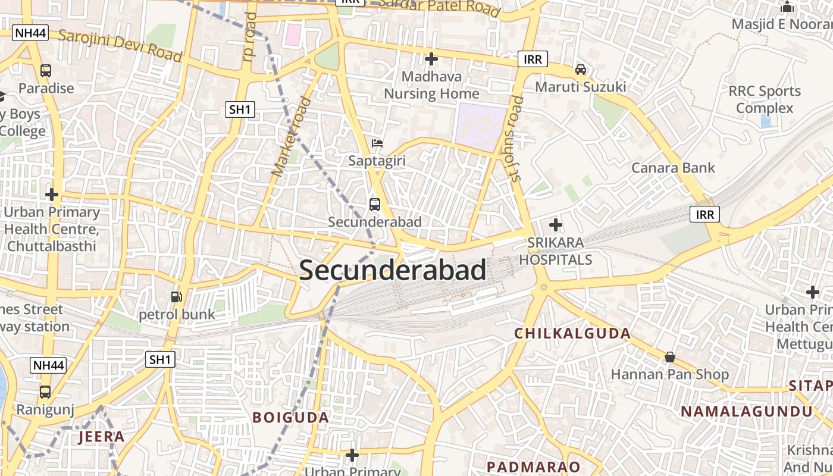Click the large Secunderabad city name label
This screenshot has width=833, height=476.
[x=392, y=270]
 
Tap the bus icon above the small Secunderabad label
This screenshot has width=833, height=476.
[x=375, y=205]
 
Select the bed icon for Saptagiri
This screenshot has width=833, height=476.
[x=377, y=143]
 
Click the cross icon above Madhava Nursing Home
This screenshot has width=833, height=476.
[x=431, y=59]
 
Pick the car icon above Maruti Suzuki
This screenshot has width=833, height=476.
[x=581, y=70]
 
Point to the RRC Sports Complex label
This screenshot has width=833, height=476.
[x=765, y=99]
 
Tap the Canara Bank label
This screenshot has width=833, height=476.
[x=673, y=168]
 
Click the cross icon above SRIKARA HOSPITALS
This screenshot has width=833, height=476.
[x=556, y=225]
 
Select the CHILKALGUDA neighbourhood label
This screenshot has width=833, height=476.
[x=572, y=333]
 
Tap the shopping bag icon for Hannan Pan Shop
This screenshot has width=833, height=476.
[x=670, y=357]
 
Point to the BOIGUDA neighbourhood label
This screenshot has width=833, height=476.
[x=291, y=417]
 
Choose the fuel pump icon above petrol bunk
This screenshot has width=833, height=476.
[x=176, y=296]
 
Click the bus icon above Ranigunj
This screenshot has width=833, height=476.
[x=45, y=392]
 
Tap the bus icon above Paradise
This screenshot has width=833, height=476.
[x=46, y=71]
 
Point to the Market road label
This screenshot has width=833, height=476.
[x=292, y=137]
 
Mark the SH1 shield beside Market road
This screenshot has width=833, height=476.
[x=240, y=109]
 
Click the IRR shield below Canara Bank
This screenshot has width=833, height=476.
[x=704, y=214]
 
